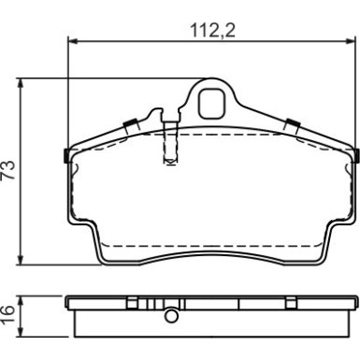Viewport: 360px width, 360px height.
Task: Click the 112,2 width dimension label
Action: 212,31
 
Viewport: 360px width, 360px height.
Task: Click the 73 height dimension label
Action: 8,170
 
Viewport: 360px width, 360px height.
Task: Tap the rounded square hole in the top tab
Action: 211,104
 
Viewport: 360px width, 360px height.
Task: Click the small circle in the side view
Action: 171,316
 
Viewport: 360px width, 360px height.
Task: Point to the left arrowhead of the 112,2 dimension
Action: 72,41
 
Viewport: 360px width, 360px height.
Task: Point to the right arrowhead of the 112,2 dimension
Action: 351,41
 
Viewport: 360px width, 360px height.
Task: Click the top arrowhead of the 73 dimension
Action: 21,82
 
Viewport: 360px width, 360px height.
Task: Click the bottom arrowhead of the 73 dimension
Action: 21,261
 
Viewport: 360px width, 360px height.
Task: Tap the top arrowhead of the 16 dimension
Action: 21,300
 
